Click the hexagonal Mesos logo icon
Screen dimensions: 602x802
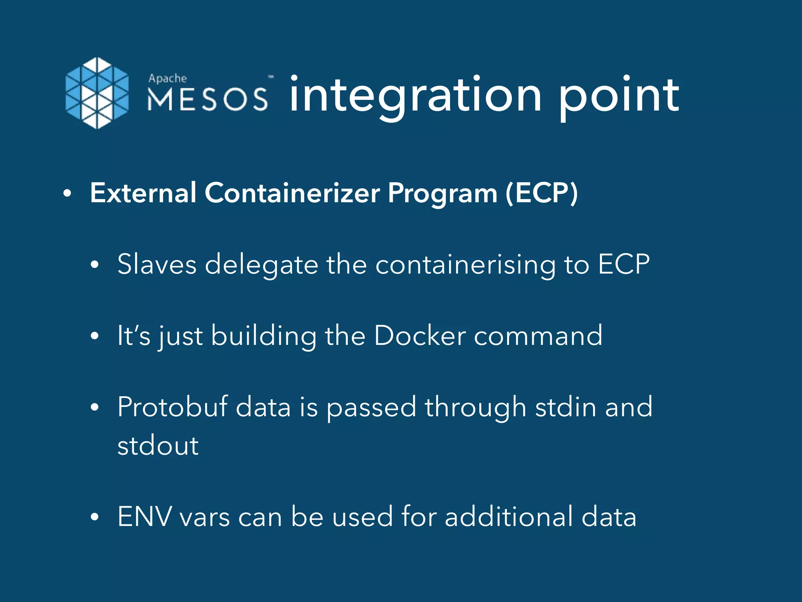point(97,93)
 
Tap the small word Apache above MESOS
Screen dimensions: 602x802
point(168,78)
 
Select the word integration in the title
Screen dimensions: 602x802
point(415,95)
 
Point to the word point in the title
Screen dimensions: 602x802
point(619,95)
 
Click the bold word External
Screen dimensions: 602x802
point(143,193)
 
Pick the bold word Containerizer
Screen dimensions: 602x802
point(292,193)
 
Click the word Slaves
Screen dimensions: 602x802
point(157,264)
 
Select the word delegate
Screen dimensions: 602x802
point(262,265)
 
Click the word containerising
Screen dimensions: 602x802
point(466,265)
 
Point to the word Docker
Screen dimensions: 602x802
point(420,336)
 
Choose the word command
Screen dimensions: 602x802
point(538,336)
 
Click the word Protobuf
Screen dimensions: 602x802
point(173,407)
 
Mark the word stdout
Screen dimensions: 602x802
point(158,446)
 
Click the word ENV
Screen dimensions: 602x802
point(145,517)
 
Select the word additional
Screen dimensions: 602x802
point(509,517)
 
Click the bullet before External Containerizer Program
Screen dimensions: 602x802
point(67,194)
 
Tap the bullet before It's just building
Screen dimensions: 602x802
point(94,336)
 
